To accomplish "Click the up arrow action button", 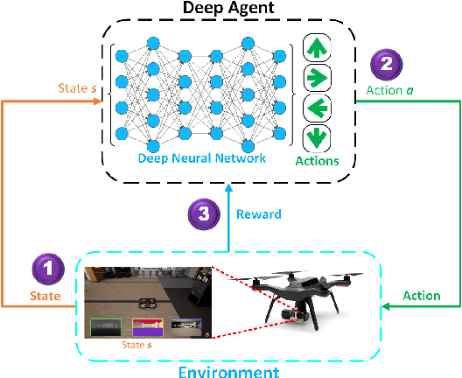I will click(317, 46).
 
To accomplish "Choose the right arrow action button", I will click(317, 78).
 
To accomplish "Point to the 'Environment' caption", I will click(230, 371).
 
